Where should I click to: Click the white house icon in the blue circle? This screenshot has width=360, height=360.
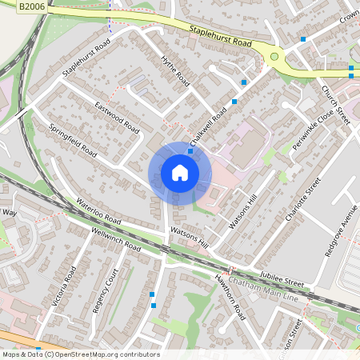pos(179,173)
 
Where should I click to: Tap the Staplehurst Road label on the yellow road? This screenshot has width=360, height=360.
pos(221,35)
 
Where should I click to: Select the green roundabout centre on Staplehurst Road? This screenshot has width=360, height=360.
pos(275,56)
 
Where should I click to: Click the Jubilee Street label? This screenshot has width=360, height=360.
pos(282,277)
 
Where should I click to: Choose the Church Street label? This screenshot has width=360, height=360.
pos(336,104)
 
